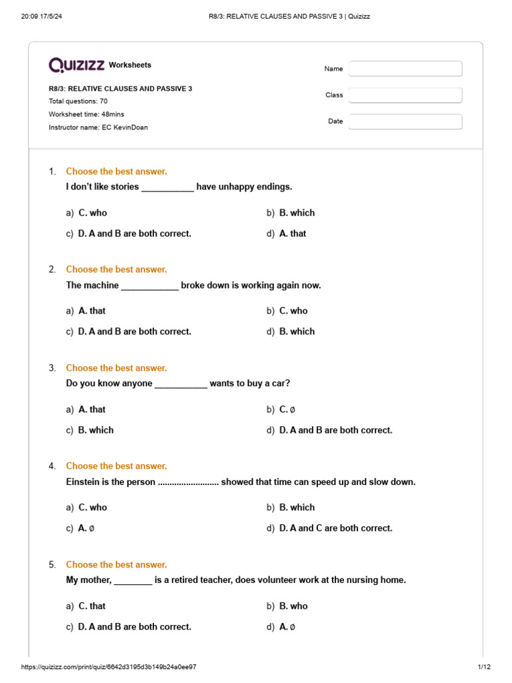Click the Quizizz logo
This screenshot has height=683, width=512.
[x=77, y=65]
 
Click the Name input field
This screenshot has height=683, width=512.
[x=405, y=69]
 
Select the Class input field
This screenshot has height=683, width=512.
[x=405, y=95]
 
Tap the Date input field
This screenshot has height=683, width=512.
[x=405, y=121]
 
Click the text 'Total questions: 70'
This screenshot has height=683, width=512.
[x=78, y=101]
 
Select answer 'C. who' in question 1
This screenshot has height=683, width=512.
[x=93, y=213]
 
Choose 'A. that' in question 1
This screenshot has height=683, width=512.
[x=293, y=233]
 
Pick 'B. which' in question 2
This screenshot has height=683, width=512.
[x=297, y=331]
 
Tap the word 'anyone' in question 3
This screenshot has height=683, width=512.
[x=137, y=384]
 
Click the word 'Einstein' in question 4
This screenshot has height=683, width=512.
[x=83, y=482]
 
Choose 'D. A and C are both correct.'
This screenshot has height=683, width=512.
[x=335, y=528]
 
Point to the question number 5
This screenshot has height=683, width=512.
[x=52, y=564]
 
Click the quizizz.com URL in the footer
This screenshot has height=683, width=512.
[x=109, y=667]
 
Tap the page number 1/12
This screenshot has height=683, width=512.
[x=483, y=667]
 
